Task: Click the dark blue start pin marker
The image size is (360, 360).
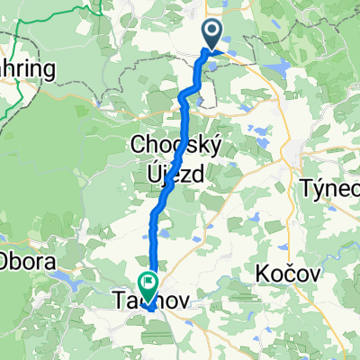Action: click(x=213, y=35)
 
